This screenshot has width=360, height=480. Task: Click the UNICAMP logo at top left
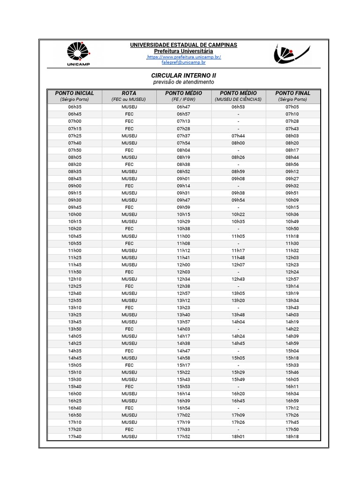click(78, 53)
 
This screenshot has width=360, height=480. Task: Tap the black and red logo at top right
click(291, 54)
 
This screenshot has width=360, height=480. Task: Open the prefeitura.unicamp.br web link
click(184, 57)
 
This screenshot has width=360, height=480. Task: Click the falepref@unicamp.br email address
click(184, 62)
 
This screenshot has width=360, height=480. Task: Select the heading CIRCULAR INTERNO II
click(184, 75)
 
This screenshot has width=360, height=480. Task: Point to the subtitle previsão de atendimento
click(184, 82)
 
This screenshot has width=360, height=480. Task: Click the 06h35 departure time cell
click(75, 107)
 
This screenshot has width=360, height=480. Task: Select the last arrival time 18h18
click(292, 436)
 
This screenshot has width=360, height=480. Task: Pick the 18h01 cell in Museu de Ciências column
click(238, 436)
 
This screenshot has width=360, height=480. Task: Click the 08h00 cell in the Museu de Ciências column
click(238, 143)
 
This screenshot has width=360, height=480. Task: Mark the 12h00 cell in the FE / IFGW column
click(183, 265)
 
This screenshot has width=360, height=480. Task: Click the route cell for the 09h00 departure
click(129, 186)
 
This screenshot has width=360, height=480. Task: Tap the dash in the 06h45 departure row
click(238, 114)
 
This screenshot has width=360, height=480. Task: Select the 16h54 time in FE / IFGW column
click(183, 408)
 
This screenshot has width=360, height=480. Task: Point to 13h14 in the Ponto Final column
click(292, 286)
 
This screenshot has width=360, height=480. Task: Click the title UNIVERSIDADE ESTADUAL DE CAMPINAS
click(184, 45)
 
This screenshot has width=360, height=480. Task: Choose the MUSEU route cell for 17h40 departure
click(129, 436)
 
